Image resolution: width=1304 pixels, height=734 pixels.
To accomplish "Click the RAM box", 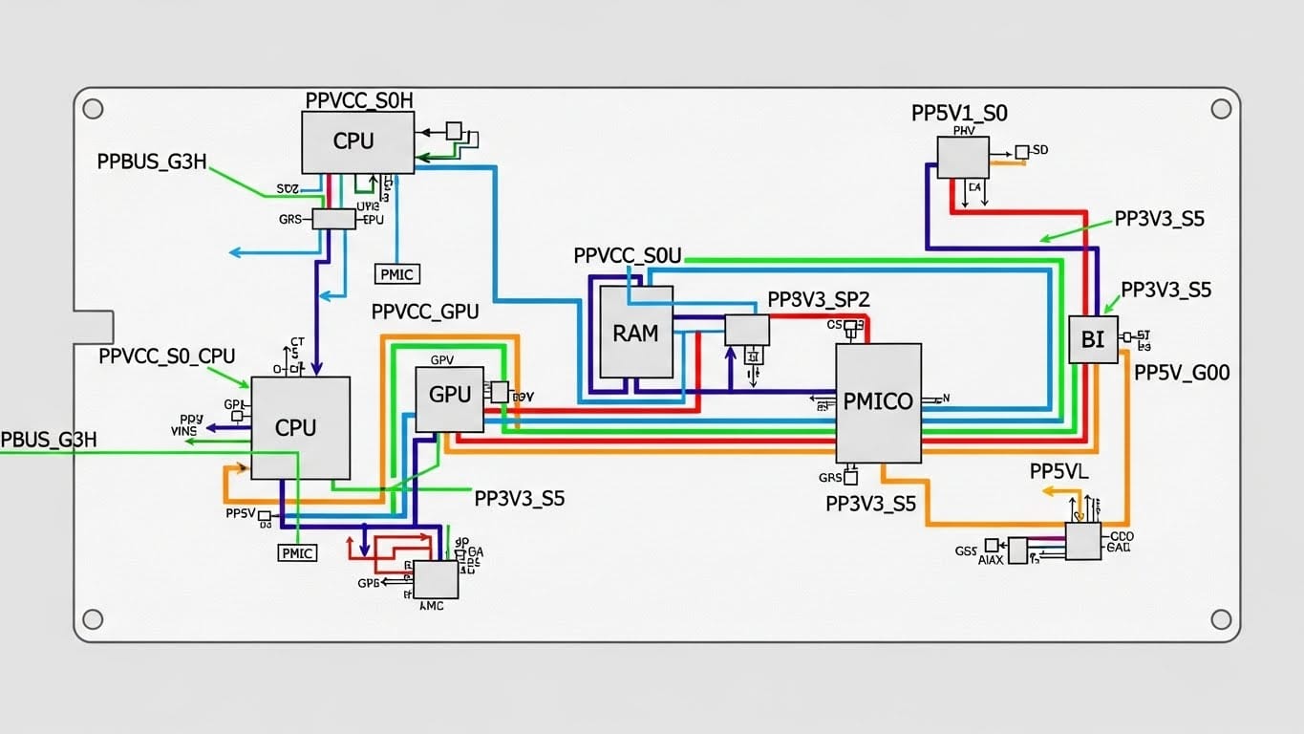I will coord(635,332).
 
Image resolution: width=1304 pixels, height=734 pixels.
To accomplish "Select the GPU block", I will coord(450,399).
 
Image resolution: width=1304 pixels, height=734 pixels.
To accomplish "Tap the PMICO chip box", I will coord(878,402).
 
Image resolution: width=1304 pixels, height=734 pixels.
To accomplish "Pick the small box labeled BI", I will coord(1092,339).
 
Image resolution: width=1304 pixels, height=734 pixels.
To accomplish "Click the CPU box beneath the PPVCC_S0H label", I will coord(357,141).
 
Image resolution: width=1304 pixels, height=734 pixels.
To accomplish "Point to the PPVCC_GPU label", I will coord(425,312).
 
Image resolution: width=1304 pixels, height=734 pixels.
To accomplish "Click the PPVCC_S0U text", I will coord(628,256).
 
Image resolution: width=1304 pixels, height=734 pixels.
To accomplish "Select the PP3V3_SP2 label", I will coord(819,299).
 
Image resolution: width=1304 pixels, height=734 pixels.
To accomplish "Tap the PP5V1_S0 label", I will coord(959,113).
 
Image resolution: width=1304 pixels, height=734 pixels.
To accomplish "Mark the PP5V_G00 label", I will coord(1182,374).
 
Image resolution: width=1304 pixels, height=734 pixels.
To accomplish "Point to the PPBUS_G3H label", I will coord(152,162).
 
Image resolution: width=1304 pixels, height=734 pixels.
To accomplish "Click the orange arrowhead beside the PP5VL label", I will coord(1046,491).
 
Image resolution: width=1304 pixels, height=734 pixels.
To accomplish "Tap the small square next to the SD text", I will coord(1021,152).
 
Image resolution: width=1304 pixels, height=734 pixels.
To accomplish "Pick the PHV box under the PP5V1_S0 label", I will coord(962,157).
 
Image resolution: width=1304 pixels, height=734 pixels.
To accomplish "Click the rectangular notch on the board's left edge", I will coord(94,327).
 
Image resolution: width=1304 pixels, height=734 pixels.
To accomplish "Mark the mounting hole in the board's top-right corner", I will coord(1220,109).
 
